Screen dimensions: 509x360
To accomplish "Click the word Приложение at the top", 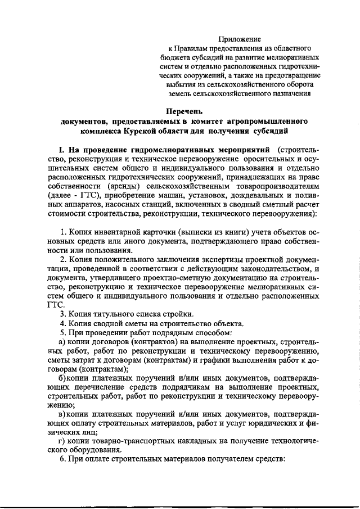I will [x=240, y=39].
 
